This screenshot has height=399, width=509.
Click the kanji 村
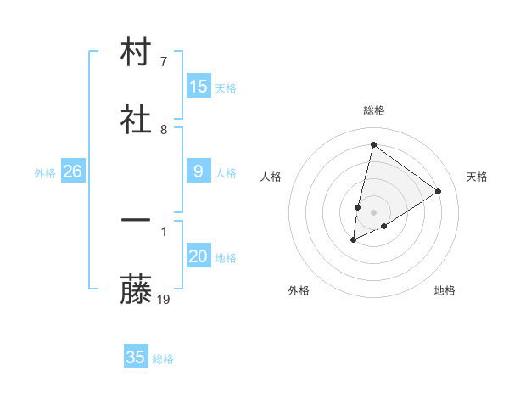[x=136, y=52]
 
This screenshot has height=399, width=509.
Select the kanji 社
[x=136, y=120]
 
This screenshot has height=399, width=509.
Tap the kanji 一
[x=136, y=219]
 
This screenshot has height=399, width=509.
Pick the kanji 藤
[x=136, y=290]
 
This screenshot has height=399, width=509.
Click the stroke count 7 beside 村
[x=164, y=62]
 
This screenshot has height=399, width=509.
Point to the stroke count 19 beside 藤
[x=165, y=299]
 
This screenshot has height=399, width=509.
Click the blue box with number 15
[x=199, y=87]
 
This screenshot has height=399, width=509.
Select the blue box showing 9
[x=199, y=171]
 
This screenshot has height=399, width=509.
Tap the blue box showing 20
[x=199, y=256]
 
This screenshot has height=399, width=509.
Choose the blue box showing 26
[x=73, y=171]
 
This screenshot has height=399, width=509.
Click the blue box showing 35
[x=136, y=357]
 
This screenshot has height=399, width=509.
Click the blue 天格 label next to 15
[x=226, y=87]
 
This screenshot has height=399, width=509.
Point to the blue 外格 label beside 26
[x=45, y=172]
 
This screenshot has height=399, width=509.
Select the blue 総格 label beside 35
[x=163, y=358]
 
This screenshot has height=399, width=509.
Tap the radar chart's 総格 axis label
[x=373, y=110]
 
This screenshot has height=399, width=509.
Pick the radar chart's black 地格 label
[x=445, y=290]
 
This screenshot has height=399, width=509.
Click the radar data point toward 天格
[x=439, y=191]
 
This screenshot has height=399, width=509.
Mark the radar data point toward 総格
[x=373, y=144]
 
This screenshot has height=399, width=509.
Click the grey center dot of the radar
[x=373, y=212]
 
